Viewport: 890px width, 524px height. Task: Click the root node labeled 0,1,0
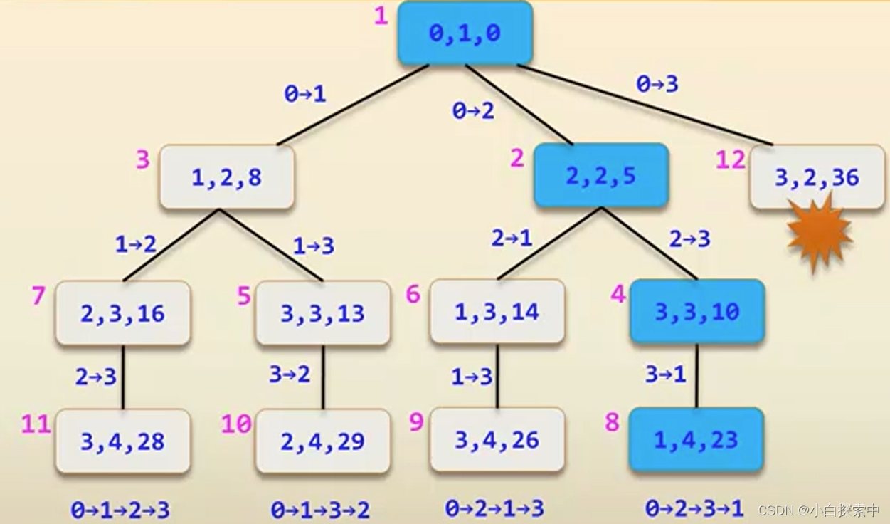click(x=465, y=33)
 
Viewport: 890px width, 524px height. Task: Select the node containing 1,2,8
click(x=226, y=177)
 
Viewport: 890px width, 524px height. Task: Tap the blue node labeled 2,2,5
click(x=600, y=176)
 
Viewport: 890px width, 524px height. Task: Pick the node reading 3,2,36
click(x=817, y=177)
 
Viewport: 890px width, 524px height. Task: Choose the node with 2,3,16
click(x=122, y=313)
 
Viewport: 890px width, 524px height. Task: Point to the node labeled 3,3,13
click(x=322, y=313)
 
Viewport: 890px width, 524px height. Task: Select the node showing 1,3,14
click(x=497, y=312)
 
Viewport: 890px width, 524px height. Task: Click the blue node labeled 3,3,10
click(x=696, y=312)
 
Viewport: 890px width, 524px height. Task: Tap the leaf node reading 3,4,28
click(x=122, y=441)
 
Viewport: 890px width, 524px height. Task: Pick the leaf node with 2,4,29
click(x=322, y=441)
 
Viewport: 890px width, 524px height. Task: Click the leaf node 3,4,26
click(x=497, y=440)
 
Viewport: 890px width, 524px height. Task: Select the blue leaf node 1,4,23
click(x=696, y=440)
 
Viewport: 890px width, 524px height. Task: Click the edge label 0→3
click(x=657, y=85)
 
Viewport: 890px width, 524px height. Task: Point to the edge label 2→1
click(x=512, y=239)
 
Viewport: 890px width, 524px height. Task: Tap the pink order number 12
click(x=730, y=160)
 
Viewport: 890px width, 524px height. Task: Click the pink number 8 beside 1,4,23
click(x=612, y=422)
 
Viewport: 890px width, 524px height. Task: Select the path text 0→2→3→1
click(x=694, y=508)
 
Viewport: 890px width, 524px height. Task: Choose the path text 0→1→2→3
click(x=120, y=510)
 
